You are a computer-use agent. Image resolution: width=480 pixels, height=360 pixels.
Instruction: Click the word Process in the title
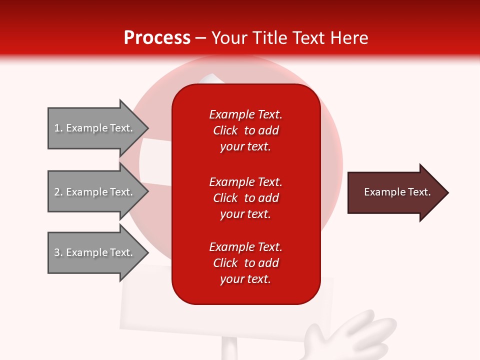pyautogui.click(x=157, y=37)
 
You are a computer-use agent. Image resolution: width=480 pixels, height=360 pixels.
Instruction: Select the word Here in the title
pyautogui.click(x=349, y=37)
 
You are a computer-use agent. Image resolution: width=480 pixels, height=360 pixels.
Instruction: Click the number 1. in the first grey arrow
pyautogui.click(x=59, y=128)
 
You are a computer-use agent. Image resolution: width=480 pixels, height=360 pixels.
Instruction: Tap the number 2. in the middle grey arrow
pyautogui.click(x=59, y=192)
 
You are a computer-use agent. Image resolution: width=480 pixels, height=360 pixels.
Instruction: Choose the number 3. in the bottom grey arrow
pyautogui.click(x=59, y=252)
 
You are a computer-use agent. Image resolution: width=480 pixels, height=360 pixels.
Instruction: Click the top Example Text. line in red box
pyautogui.click(x=245, y=114)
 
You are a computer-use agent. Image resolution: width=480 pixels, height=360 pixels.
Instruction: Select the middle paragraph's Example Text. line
pyautogui.click(x=245, y=181)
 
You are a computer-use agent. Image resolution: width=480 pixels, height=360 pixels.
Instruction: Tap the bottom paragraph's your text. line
pyautogui.click(x=245, y=279)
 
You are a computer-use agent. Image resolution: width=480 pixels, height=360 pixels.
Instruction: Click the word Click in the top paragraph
pyautogui.click(x=225, y=130)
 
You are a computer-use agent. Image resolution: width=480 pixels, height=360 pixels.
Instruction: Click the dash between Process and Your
pyautogui.click(x=200, y=37)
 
